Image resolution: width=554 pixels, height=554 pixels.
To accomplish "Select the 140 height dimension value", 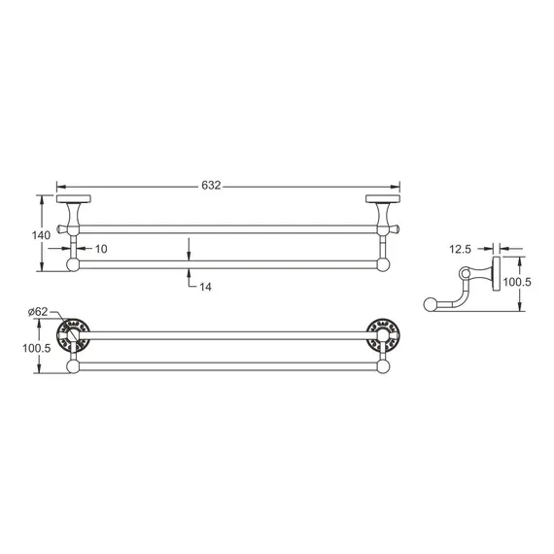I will pos(41,234).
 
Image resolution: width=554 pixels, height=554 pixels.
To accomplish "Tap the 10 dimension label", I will pos(101,250).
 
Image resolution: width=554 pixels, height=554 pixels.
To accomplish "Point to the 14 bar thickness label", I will pos(205,286).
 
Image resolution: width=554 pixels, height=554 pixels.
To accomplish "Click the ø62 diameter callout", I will pos(39,311).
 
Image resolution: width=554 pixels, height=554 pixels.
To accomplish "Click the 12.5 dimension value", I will pos(461,249).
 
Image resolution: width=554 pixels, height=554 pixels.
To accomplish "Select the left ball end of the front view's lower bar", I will pos(71,263).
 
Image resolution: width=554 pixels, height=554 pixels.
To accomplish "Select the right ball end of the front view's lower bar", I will pos(383,263).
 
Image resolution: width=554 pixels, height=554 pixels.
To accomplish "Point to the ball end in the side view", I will pos(431,304).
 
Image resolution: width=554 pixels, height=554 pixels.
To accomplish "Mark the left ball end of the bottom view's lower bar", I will pos(72,366).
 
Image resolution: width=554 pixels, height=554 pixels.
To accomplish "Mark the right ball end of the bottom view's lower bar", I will pos(382,366).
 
